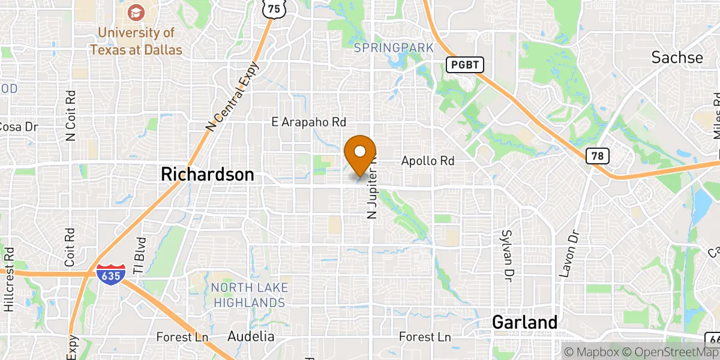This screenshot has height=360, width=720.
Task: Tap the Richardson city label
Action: coord(207,175)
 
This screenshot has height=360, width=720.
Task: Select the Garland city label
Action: coord(524,322)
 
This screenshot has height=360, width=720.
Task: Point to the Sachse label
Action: coord(677,58)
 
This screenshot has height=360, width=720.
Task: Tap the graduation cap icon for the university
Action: coord(136,12)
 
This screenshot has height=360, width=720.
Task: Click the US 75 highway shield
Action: coord(274,8)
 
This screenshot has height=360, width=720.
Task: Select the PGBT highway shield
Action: coord(464,65)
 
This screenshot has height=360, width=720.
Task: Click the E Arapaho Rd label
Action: coord(309,122)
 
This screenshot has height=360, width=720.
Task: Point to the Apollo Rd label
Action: coord(428,161)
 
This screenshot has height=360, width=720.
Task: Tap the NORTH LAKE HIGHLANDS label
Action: coord(249,295)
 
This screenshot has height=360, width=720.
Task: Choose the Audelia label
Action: coord(251,337)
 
